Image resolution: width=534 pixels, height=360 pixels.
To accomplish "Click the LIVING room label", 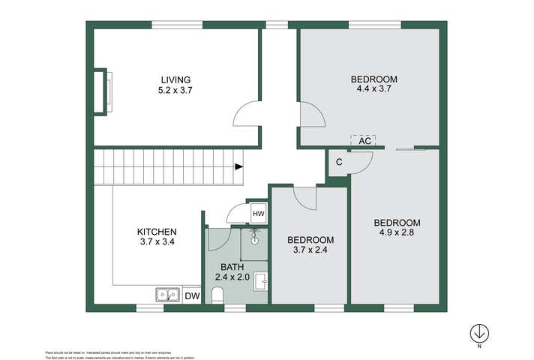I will [175, 79].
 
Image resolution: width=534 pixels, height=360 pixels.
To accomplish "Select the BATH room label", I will [232, 266].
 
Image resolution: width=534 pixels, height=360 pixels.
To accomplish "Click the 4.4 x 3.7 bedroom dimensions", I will [373, 88].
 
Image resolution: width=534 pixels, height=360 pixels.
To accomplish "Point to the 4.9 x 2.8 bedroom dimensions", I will [397, 232].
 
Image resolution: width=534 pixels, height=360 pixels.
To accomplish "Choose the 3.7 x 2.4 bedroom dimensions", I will [310, 250].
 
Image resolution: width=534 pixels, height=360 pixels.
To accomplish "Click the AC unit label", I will [364, 140].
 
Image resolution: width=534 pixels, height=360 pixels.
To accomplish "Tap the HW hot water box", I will [258, 214].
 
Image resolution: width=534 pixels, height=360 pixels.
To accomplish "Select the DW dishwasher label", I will [192, 295].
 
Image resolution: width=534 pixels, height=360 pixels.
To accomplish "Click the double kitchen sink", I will [166, 295].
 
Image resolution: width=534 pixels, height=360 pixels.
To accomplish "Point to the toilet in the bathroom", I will [217, 297].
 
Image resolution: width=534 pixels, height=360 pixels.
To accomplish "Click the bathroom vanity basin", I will [260, 282].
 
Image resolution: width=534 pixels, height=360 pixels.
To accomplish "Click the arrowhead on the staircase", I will [238, 167].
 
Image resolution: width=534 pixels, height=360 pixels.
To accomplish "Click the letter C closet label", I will [339, 162].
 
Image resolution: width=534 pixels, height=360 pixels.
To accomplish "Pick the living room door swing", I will [247, 115].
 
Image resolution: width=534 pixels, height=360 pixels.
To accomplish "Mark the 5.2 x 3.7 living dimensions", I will [175, 90].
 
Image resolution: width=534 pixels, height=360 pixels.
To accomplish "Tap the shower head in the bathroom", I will [254, 240].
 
